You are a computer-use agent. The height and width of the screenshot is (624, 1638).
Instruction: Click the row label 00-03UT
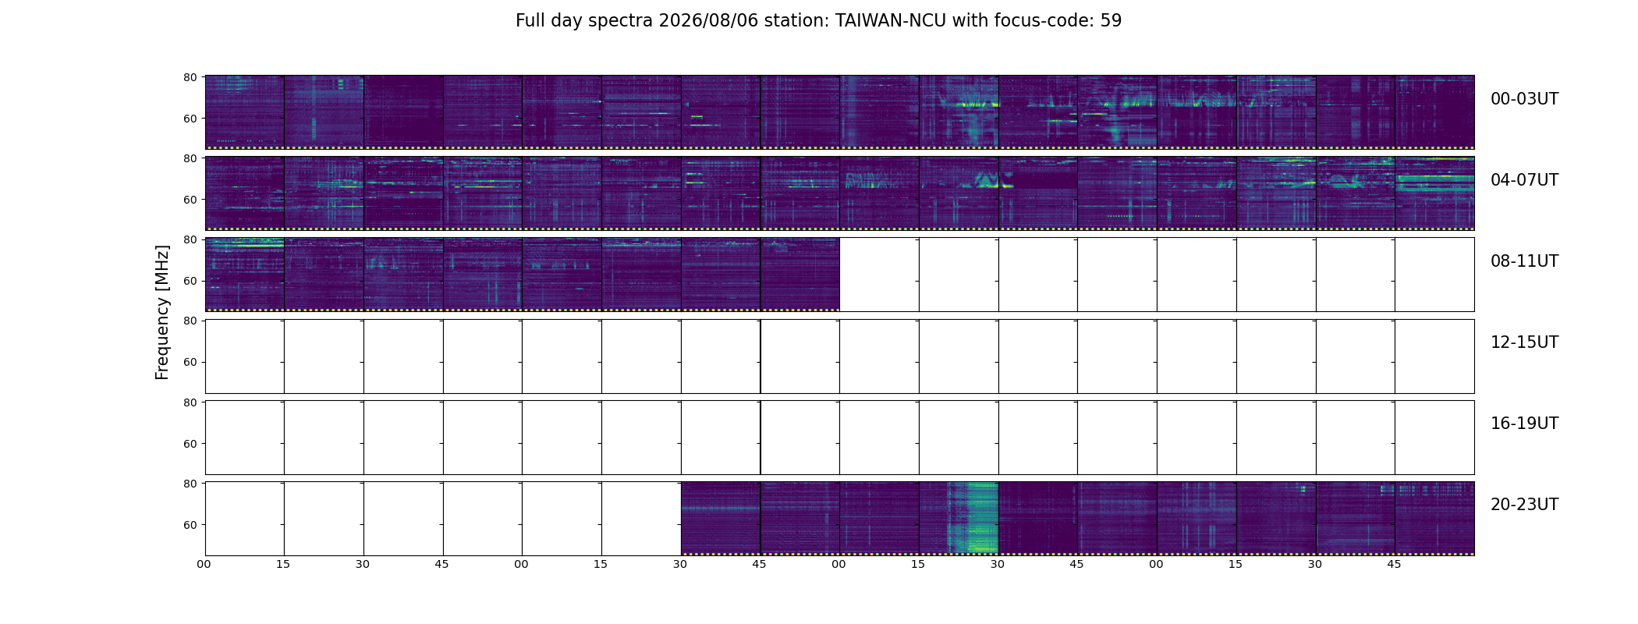[1524, 99]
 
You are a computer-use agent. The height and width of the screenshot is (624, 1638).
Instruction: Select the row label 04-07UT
[1524, 180]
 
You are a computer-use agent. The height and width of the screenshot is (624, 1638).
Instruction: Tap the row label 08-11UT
[1524, 261]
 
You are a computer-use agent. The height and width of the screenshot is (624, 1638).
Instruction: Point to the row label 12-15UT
[1524, 342]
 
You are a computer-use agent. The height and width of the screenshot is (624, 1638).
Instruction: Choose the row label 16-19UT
[1524, 424]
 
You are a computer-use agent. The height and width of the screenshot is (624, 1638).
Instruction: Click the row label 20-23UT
[1524, 505]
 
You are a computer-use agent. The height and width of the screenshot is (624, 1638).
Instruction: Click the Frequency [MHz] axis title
[162, 312]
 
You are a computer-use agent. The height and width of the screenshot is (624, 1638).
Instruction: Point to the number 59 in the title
[1111, 21]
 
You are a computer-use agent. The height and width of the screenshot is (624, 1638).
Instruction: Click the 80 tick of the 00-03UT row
[190, 77]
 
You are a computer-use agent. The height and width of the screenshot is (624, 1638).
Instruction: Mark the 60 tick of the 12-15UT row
[190, 362]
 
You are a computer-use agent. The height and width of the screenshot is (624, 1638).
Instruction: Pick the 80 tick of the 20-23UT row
[190, 484]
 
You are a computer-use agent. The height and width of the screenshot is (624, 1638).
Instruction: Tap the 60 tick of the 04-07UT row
[190, 200]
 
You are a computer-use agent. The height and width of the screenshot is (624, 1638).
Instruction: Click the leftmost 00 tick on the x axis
[204, 564]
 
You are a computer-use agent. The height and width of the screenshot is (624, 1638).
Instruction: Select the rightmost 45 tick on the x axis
[1394, 564]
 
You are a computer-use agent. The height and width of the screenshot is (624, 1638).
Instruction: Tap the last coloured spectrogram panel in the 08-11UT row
[800, 275]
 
